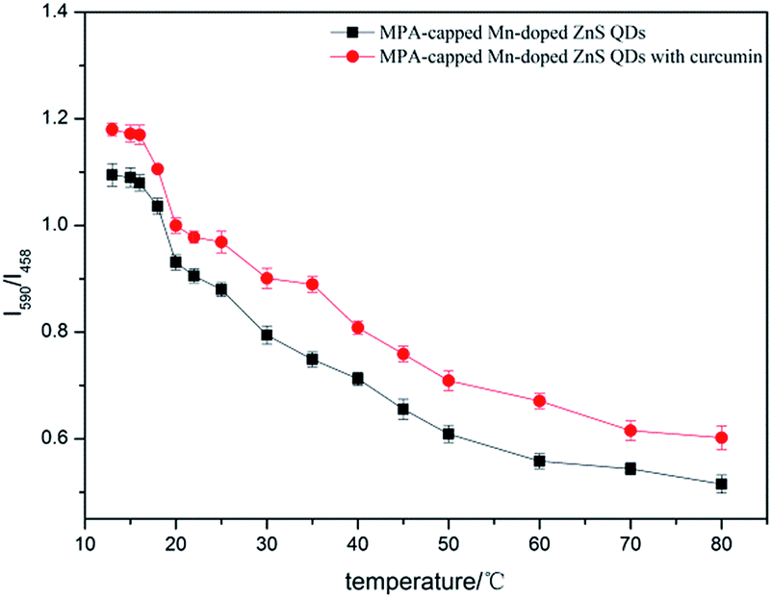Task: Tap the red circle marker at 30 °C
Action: pyautogui.click(x=267, y=279)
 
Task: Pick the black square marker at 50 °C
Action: pyautogui.click(x=449, y=434)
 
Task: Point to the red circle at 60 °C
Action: pyautogui.click(x=539, y=401)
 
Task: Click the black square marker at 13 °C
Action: pyautogui.click(x=112, y=175)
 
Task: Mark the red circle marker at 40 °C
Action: pyautogui.click(x=357, y=328)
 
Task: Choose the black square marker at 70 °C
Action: pyautogui.click(x=630, y=469)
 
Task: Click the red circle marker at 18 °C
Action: pyautogui.click(x=158, y=169)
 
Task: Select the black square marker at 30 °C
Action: pyautogui.click(x=267, y=335)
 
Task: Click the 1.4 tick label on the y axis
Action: pyautogui.click(x=61, y=13)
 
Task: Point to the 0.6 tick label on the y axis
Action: pyautogui.click(x=61, y=439)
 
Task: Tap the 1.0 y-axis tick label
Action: pyautogui.click(x=61, y=226)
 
